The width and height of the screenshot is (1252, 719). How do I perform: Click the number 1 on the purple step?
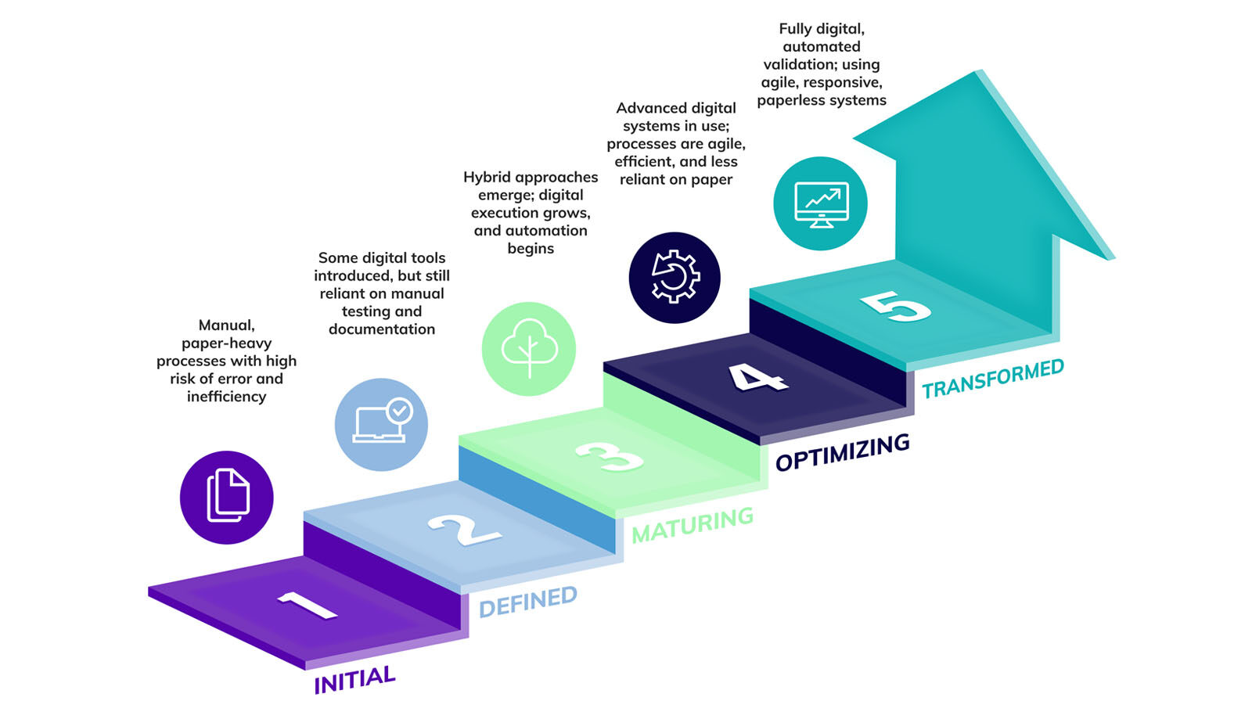(x=306, y=605)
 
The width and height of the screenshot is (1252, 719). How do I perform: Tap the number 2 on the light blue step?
(x=464, y=530)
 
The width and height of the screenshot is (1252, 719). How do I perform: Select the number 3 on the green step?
(x=609, y=456)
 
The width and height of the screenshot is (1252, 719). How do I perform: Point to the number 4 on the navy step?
(x=757, y=377)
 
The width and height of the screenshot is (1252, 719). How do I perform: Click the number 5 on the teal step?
(x=895, y=306)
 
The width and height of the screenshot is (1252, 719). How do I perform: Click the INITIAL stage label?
(x=354, y=679)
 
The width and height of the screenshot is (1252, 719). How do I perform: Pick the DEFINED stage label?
(x=527, y=602)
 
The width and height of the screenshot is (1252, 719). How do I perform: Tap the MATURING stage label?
(x=692, y=525)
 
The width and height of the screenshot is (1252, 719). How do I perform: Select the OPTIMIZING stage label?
(x=842, y=452)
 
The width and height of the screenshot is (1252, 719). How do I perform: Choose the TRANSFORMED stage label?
(x=992, y=379)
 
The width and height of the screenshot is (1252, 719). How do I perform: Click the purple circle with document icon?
(x=227, y=497)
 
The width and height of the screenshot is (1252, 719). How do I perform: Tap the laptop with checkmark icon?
(x=381, y=424)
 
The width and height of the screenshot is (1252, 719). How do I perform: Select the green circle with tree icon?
(x=529, y=349)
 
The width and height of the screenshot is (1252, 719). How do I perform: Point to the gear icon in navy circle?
(x=675, y=277)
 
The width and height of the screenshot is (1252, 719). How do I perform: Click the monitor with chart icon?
(x=820, y=203)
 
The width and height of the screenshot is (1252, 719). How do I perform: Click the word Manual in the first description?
(x=225, y=325)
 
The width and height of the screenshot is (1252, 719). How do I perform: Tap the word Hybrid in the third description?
(x=486, y=178)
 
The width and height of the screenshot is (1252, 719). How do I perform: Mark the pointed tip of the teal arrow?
(x=978, y=72)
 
